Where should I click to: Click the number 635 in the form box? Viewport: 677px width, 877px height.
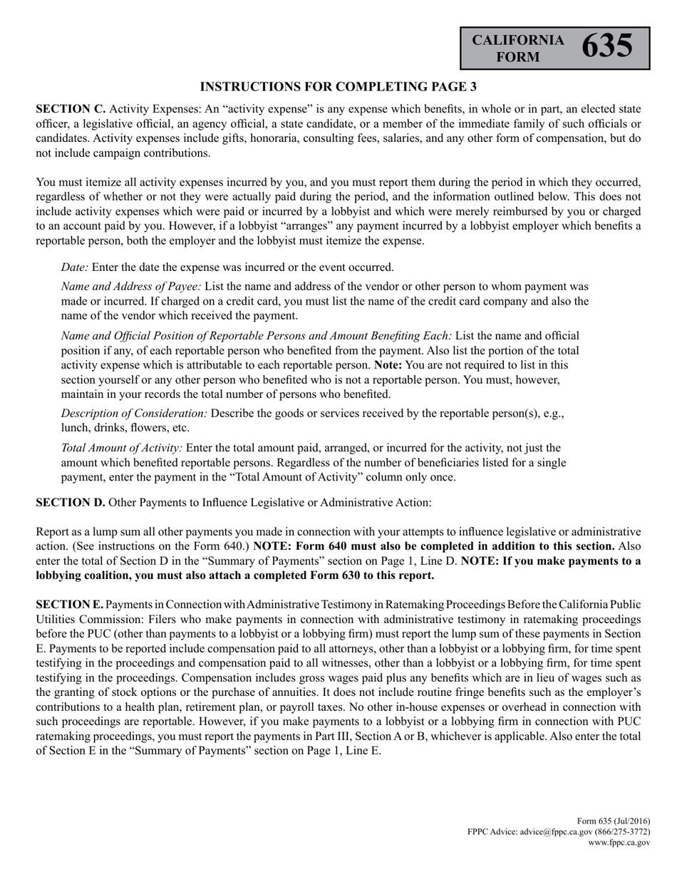click(x=607, y=47)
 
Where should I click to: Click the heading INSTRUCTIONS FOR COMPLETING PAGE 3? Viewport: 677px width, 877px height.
click(x=338, y=87)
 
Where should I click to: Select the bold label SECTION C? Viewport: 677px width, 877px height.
click(x=71, y=109)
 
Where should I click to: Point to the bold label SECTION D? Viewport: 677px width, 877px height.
click(x=71, y=502)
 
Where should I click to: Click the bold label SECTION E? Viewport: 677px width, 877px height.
click(x=69, y=604)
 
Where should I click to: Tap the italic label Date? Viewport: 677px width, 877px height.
click(x=75, y=267)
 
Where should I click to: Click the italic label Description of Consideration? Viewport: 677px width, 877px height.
click(x=135, y=414)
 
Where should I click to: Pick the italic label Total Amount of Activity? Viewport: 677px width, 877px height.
click(x=122, y=448)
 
